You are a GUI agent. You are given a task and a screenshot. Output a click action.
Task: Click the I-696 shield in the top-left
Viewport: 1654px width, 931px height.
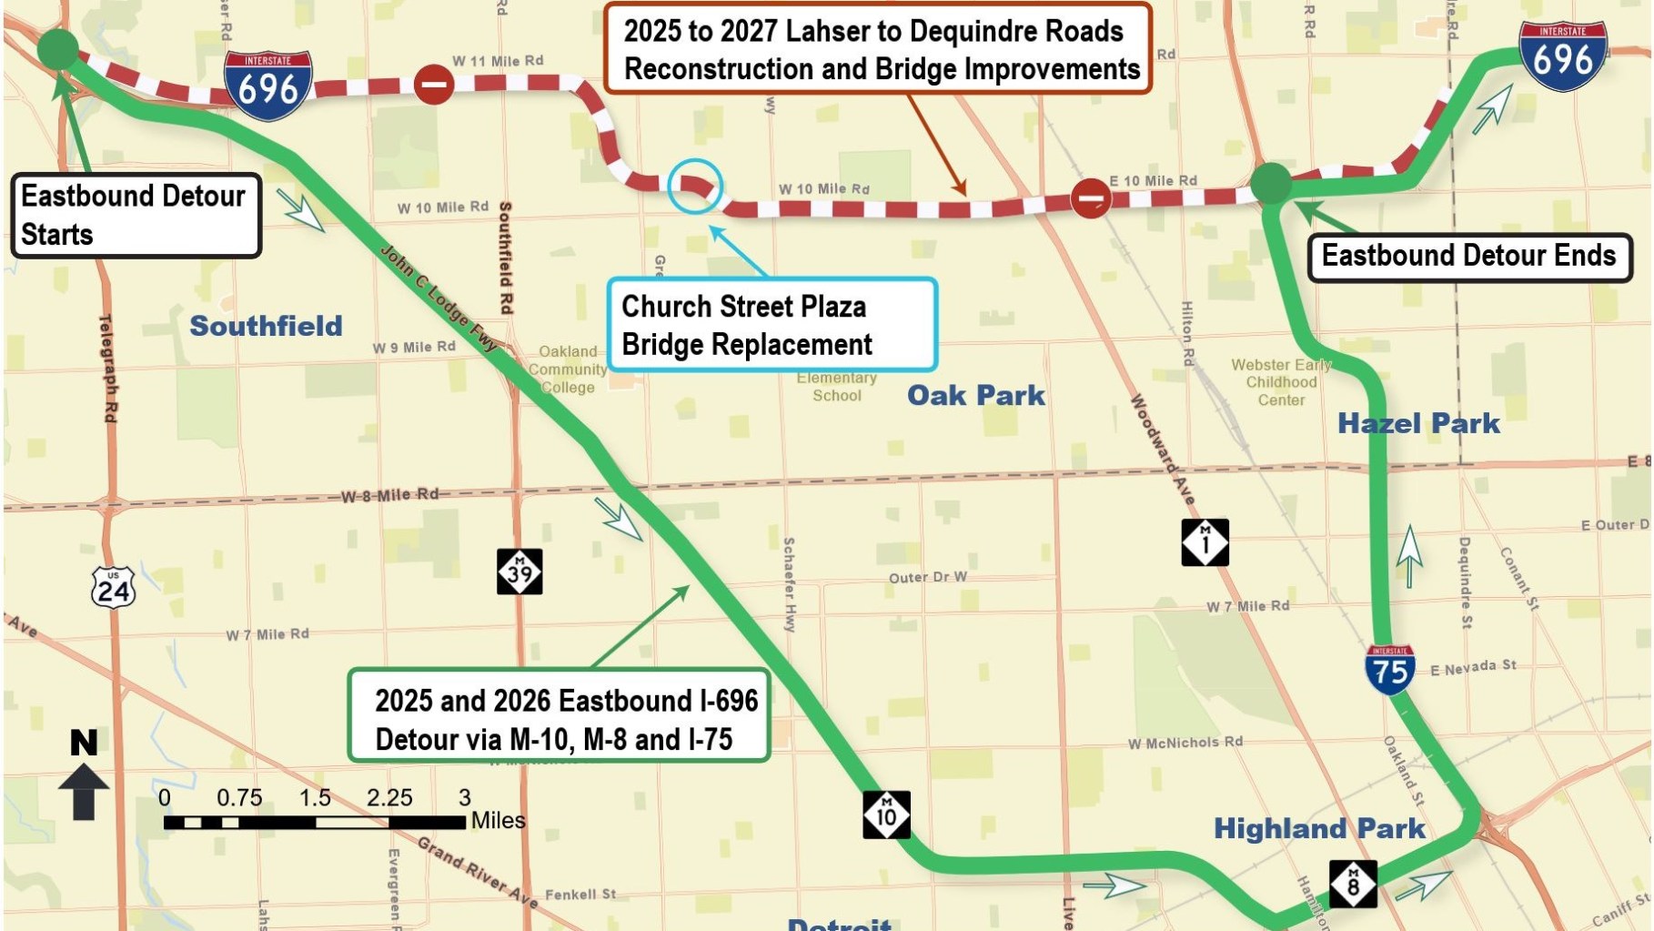pos(267,86)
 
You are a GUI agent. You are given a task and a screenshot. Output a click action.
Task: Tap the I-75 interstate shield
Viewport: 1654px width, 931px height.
pos(1389,669)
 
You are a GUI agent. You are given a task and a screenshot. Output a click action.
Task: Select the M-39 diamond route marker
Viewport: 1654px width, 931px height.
pos(519,572)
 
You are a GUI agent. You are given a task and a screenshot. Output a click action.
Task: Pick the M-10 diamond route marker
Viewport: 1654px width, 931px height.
pos(886,814)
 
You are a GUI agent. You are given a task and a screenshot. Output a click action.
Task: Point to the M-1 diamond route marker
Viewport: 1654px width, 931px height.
pos(1205,542)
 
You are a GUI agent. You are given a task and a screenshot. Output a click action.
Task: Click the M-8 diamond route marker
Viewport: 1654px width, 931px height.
pos(1353,883)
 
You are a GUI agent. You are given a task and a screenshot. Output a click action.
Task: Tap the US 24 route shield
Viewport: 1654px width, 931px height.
pos(114,588)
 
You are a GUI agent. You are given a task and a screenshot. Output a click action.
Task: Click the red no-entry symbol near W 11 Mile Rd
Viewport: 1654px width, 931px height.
pos(434,85)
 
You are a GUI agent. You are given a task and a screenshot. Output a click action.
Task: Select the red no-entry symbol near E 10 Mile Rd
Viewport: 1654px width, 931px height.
pos(1090,197)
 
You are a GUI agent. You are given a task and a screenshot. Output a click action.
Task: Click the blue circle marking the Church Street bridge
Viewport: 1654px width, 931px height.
pos(695,186)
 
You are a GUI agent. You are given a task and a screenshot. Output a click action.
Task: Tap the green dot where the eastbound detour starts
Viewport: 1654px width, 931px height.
pos(57,48)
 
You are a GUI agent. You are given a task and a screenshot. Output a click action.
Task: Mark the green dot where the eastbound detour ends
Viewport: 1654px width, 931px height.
pos(1271,184)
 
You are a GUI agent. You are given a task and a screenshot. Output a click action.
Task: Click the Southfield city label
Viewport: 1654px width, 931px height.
pos(266,326)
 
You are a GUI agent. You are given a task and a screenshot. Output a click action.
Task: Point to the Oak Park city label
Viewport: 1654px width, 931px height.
pos(975,395)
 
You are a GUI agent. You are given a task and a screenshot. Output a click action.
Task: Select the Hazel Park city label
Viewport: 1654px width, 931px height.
pos(1417,423)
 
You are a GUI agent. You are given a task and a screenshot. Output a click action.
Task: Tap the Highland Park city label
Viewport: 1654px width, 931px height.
pos(1318,828)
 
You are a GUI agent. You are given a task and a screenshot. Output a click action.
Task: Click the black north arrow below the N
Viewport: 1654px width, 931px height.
pos(84,792)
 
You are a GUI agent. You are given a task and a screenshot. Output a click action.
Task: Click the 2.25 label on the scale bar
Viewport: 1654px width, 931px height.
pos(389,798)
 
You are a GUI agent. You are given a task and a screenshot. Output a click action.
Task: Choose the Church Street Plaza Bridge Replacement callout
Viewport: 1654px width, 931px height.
pos(772,325)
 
